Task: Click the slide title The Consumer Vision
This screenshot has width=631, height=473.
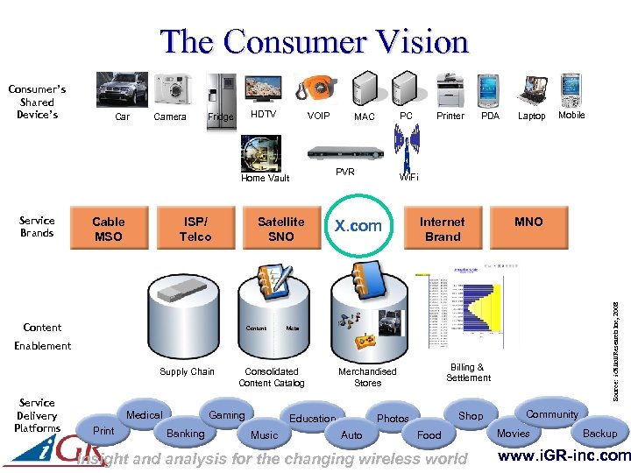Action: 315,41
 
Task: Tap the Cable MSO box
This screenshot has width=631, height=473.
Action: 109,229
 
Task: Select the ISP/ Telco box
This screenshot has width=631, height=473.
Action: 195,229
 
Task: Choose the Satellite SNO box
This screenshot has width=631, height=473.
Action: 281,229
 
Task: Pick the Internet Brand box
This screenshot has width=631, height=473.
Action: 443,229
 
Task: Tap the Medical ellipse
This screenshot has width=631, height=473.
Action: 145,414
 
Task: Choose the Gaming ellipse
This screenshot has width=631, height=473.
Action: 226,414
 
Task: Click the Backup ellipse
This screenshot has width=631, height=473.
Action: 599,434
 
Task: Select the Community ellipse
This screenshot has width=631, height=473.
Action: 551,414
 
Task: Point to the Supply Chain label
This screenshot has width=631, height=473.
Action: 187,371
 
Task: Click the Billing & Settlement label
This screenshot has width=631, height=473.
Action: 468,372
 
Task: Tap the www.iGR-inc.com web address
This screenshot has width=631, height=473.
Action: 564,455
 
